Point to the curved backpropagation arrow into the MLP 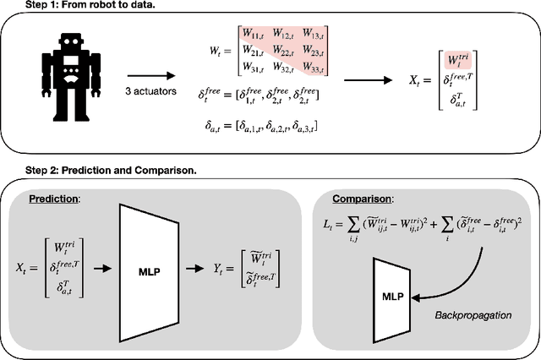[x=461, y=279]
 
